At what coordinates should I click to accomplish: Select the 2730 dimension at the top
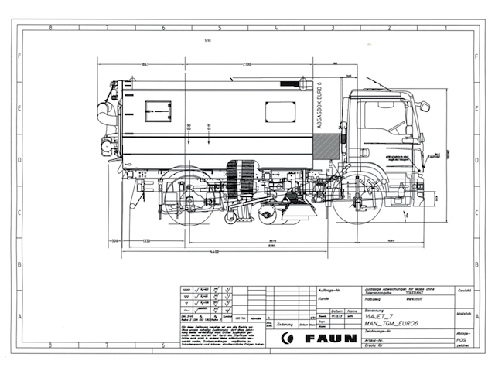pyautogui.click(x=246, y=64)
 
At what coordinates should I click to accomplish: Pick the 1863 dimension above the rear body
pyautogui.click(x=145, y=64)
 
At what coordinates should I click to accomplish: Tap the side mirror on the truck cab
pyautogui.click(x=424, y=107)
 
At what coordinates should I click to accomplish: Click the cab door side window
pyautogui.click(x=384, y=116)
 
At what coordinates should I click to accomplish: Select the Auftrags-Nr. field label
pyautogui.click(x=329, y=289)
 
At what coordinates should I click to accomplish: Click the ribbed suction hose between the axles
pyautogui.click(x=247, y=176)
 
